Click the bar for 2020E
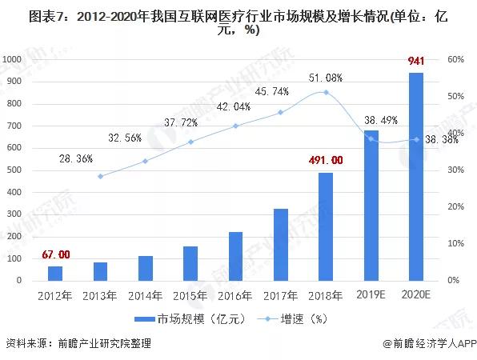[416, 177]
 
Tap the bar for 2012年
[55, 273]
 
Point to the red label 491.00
[325, 160]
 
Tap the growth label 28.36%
[76, 159]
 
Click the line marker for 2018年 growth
[326, 92]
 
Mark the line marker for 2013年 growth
[100, 176]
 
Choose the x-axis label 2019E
[371, 295]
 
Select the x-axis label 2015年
[190, 295]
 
